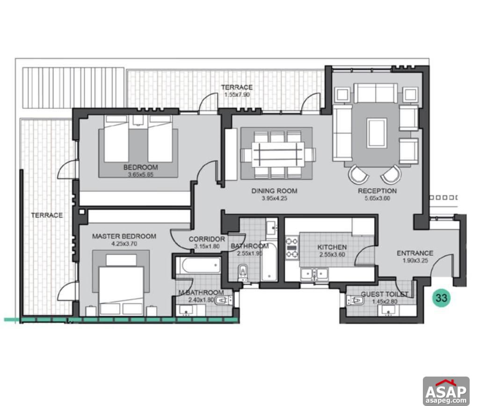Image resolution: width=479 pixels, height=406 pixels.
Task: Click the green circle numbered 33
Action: coord(440,297)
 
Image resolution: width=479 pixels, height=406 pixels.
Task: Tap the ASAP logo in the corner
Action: coord(446,391)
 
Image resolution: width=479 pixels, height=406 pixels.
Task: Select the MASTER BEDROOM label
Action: coord(124,236)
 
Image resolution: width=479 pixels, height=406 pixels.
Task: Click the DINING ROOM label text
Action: coord(274,191)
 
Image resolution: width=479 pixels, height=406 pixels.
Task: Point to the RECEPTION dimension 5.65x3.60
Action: coord(377,198)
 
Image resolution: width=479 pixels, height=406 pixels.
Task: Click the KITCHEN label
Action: coord(332,247)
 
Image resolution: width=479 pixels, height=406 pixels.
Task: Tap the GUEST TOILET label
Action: coord(384,294)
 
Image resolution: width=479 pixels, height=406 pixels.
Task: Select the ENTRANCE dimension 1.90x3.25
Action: coord(415,260)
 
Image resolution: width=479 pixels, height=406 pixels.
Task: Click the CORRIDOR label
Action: coord(207,239)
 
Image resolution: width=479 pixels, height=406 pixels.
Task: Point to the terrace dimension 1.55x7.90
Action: coord(237,94)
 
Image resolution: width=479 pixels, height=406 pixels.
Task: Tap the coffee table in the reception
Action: coord(377,133)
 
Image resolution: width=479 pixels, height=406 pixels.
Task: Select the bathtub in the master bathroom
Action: coord(198,267)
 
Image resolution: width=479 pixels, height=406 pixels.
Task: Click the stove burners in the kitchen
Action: coord(292,248)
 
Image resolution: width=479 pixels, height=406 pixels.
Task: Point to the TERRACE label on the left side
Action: coord(47,215)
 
